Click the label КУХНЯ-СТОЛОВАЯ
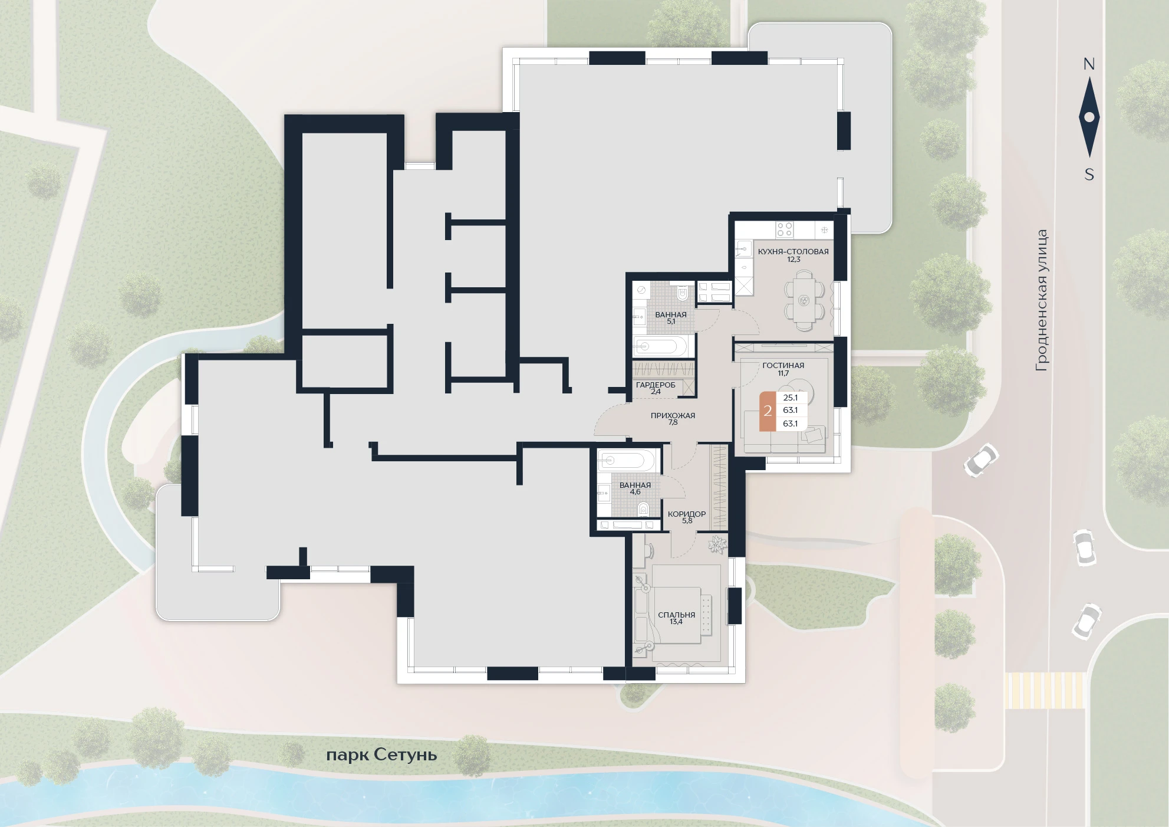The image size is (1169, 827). (793, 251)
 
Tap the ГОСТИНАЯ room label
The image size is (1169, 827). (783, 365)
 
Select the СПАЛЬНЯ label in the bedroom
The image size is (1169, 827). (676, 615)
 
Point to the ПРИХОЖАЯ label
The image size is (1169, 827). (673, 415)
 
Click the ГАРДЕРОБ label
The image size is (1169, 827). (656, 385)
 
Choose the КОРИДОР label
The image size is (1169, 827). (687, 514)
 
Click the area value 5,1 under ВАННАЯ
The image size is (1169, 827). (671, 322)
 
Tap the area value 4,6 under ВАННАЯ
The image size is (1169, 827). (635, 492)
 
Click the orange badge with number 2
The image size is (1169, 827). (768, 411)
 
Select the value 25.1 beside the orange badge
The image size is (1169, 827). (790, 398)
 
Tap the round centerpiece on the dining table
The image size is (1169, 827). (802, 301)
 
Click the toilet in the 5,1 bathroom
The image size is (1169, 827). (684, 293)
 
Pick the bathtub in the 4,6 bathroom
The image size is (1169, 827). (625, 460)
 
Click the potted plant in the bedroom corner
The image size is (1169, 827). (716, 543)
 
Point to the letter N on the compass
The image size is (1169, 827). (1089, 64)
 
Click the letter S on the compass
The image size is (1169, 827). (1089, 175)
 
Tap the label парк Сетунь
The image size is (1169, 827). (381, 755)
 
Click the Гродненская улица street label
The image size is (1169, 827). (1042, 300)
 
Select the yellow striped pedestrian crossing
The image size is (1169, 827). (1045, 690)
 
